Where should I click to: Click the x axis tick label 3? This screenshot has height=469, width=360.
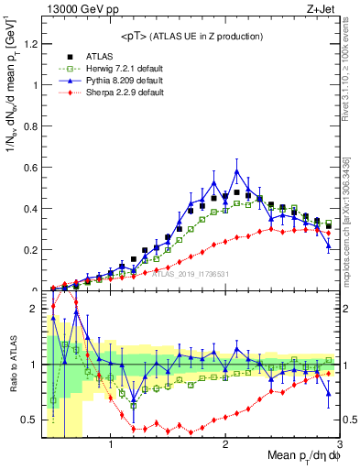coord(339,445)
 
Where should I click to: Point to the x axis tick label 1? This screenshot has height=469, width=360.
coord(111,445)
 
